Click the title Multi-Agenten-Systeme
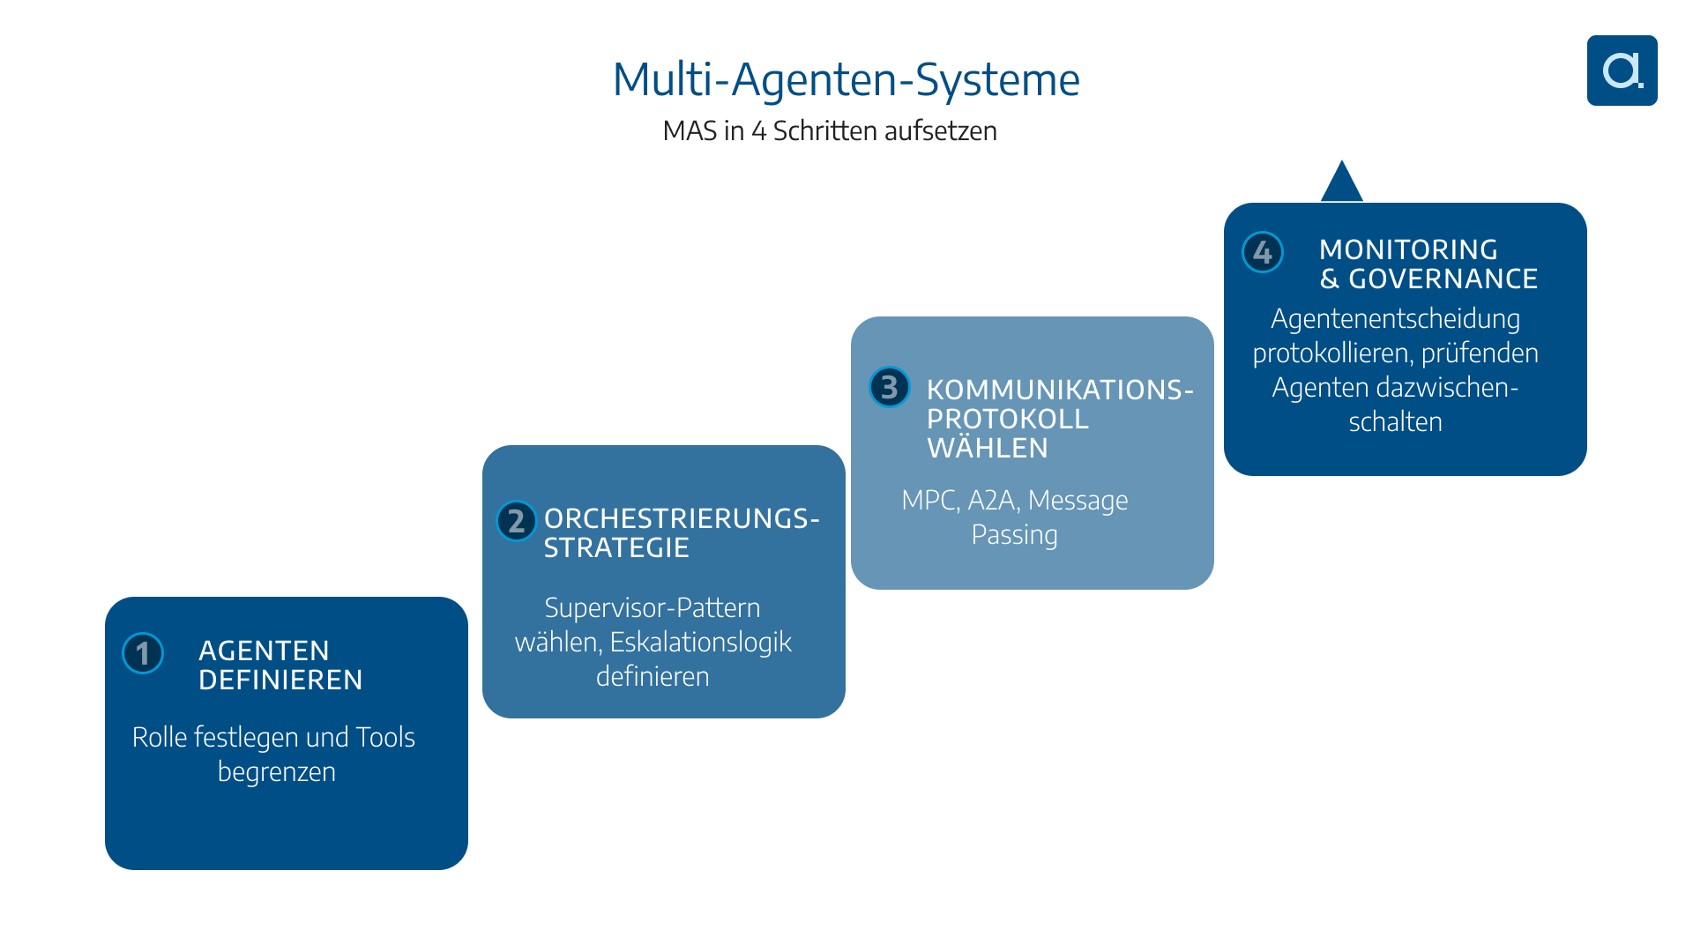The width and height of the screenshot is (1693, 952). tap(846, 79)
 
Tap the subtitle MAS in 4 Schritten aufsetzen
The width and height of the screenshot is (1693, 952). tap(829, 130)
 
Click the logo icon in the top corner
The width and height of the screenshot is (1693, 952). tap(1622, 71)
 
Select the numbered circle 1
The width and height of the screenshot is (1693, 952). tap(143, 653)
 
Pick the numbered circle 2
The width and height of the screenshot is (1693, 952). tap(517, 521)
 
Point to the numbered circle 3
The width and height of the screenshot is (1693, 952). tap(890, 387)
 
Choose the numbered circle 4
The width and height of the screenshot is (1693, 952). tap(1263, 252)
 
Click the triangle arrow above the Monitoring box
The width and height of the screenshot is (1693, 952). tap(1342, 183)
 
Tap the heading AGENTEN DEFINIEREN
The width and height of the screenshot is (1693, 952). tap(280, 665)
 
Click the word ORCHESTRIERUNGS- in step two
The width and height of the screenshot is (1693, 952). tap(681, 518)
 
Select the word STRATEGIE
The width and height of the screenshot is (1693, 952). tap(615, 547)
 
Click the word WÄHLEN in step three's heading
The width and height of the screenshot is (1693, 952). tap(987, 448)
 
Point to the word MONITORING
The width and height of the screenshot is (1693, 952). tap(1408, 249)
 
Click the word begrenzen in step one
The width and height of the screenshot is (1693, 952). tap(276, 771)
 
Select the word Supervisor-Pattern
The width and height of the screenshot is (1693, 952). tap(652, 607)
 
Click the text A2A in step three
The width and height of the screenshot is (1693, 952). tap(994, 500)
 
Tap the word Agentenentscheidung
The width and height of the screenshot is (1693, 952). tap(1395, 318)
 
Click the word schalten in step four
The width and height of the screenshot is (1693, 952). tap(1395, 421)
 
